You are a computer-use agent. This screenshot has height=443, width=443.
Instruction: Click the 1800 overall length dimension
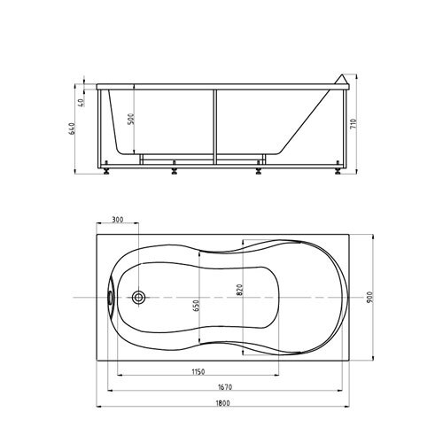click(x=223, y=403)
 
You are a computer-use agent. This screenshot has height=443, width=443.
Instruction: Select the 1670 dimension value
click(x=225, y=386)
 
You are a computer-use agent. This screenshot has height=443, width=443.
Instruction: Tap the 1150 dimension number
click(x=198, y=371)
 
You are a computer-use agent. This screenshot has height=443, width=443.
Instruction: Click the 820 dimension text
click(x=239, y=290)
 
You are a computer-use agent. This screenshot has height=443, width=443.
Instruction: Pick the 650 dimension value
click(x=197, y=306)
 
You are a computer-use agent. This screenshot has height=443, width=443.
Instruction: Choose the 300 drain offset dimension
click(x=118, y=220)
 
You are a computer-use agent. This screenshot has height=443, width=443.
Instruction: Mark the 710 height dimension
click(x=354, y=123)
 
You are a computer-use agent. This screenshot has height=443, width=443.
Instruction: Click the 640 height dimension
click(x=73, y=128)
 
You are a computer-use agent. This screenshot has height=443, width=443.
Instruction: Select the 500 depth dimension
click(x=131, y=119)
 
